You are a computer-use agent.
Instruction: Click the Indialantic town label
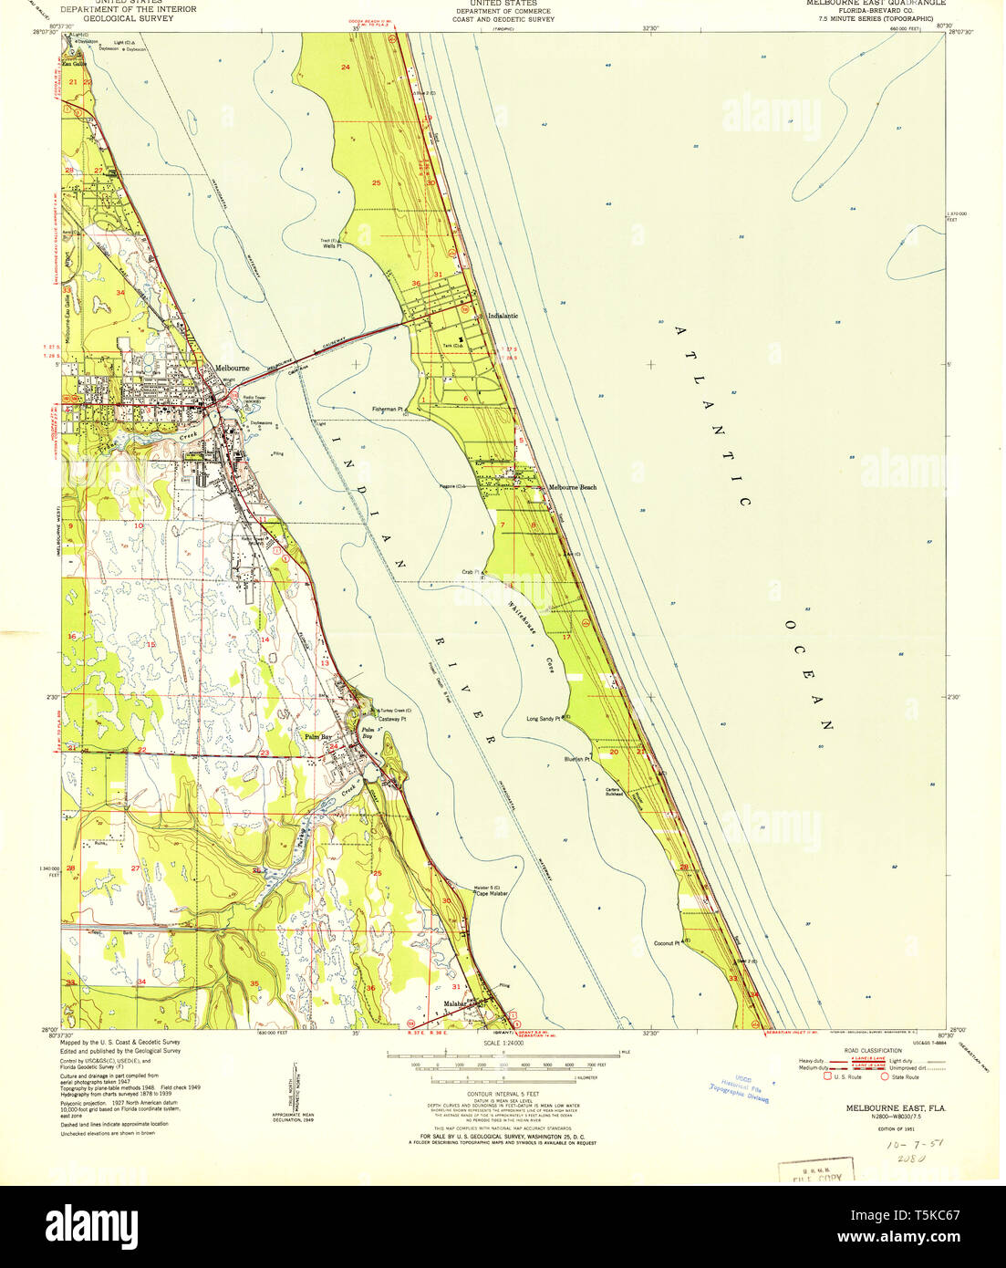coord(503,316)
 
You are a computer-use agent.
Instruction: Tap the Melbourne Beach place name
coord(572,487)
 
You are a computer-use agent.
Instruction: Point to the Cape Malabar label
coord(492,893)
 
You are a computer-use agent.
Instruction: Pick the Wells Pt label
coord(331,246)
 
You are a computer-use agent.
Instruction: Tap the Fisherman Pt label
coord(388,410)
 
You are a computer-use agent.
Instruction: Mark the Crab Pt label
coord(471,572)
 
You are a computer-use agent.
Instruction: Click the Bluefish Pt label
coord(577,759)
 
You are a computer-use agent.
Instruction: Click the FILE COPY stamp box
coord(815,1170)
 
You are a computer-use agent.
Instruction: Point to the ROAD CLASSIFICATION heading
coord(873,1050)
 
